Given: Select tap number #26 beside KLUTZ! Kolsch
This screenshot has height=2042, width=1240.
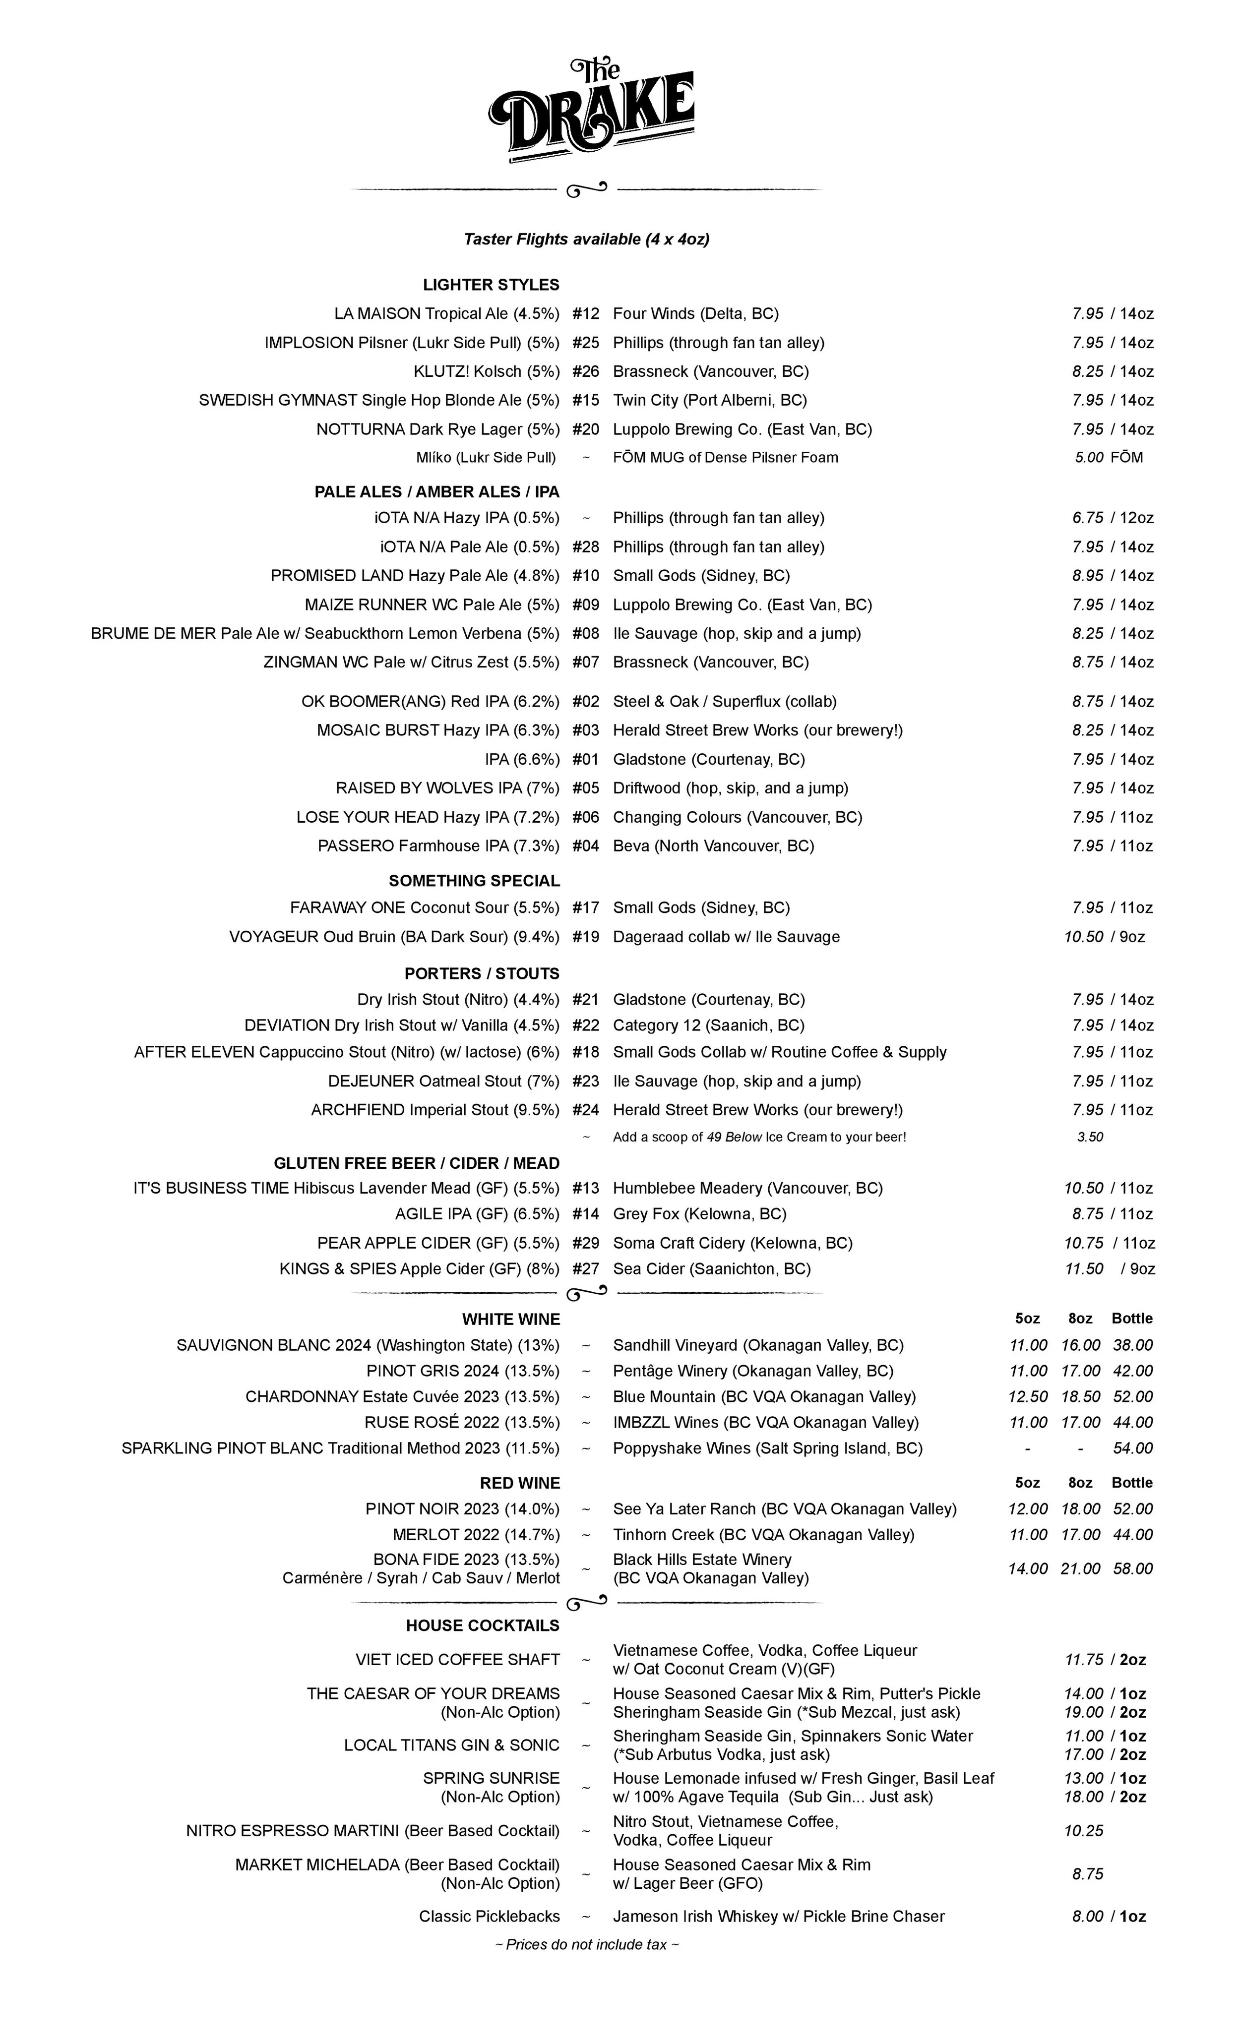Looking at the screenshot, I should pyautogui.click(x=585, y=371).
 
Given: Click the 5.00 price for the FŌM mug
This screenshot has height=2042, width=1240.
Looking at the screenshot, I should pyautogui.click(x=1088, y=458).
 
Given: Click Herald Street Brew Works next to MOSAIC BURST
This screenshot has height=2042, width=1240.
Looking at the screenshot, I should pyautogui.click(x=757, y=730).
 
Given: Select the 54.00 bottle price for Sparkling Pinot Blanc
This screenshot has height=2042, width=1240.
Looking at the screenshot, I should pyautogui.click(x=1132, y=1448).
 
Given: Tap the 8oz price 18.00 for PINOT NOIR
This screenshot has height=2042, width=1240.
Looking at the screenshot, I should pyautogui.click(x=1080, y=1509).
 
